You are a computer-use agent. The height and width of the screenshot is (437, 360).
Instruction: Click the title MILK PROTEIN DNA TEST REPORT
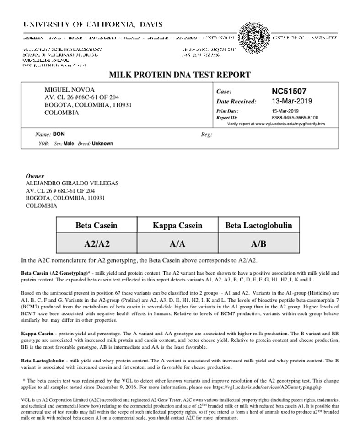(x=179, y=75)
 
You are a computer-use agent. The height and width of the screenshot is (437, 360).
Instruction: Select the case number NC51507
(x=289, y=91)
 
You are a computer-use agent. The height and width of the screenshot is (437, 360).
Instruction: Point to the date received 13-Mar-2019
(x=291, y=101)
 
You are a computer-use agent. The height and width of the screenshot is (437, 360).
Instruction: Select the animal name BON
(x=59, y=135)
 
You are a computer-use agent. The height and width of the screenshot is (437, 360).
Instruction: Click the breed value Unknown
(x=102, y=143)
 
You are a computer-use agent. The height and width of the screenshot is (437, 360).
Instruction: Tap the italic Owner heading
(x=35, y=176)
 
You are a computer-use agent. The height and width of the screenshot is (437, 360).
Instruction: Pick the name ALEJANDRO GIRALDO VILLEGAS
(x=72, y=183)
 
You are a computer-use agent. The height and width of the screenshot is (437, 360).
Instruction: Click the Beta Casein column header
(x=97, y=225)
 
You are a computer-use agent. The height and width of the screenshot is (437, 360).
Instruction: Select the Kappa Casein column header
(x=177, y=225)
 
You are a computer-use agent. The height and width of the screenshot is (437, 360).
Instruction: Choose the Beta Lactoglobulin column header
(x=258, y=225)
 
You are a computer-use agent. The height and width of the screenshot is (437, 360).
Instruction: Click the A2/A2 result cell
(x=97, y=244)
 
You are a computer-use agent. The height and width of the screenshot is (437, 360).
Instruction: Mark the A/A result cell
(x=177, y=244)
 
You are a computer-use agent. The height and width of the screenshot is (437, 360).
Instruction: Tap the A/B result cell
(x=258, y=244)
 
